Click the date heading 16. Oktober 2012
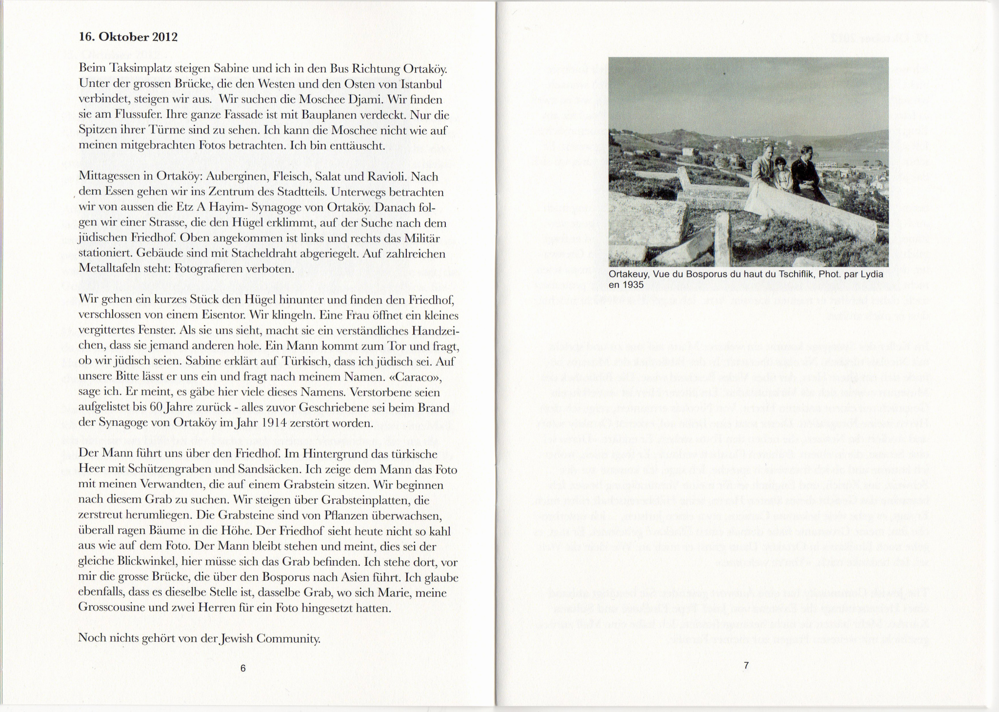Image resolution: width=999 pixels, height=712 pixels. [128, 37]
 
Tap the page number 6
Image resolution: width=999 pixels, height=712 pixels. [243, 669]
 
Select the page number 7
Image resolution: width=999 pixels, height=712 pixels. [746, 665]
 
